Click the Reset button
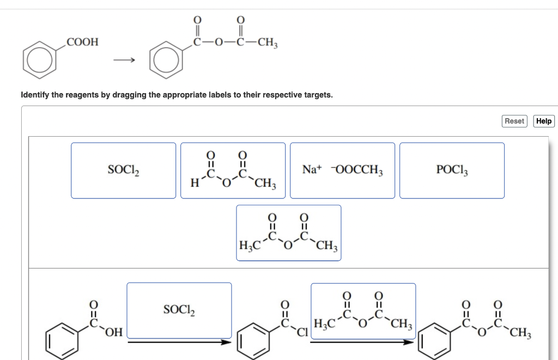point(514,121)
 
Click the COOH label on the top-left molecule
point(82,42)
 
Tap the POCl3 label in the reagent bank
point(452,170)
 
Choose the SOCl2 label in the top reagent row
point(124,170)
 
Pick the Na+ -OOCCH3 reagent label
point(342,170)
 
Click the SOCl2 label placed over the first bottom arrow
point(179,310)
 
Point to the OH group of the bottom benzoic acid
point(114,332)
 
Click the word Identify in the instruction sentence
point(35,95)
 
